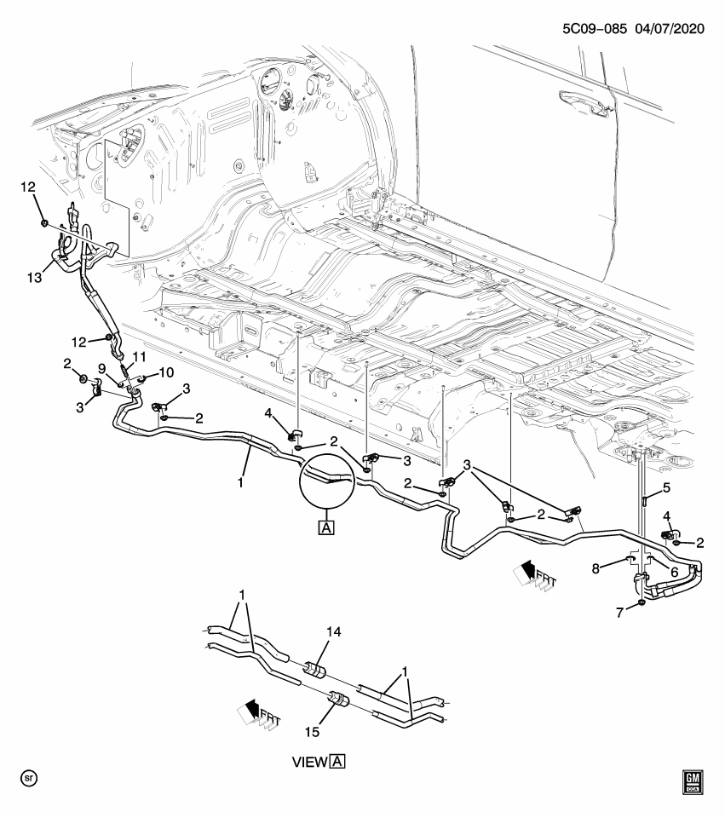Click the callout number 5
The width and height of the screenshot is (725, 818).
[x=667, y=488]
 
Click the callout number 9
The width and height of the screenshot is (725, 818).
[x=101, y=369]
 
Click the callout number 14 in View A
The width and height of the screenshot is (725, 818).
[x=334, y=631]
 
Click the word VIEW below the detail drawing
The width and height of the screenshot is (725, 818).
[x=310, y=761]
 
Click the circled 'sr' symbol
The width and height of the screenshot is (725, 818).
[x=30, y=779]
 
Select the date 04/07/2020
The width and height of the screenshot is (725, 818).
[x=669, y=28]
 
